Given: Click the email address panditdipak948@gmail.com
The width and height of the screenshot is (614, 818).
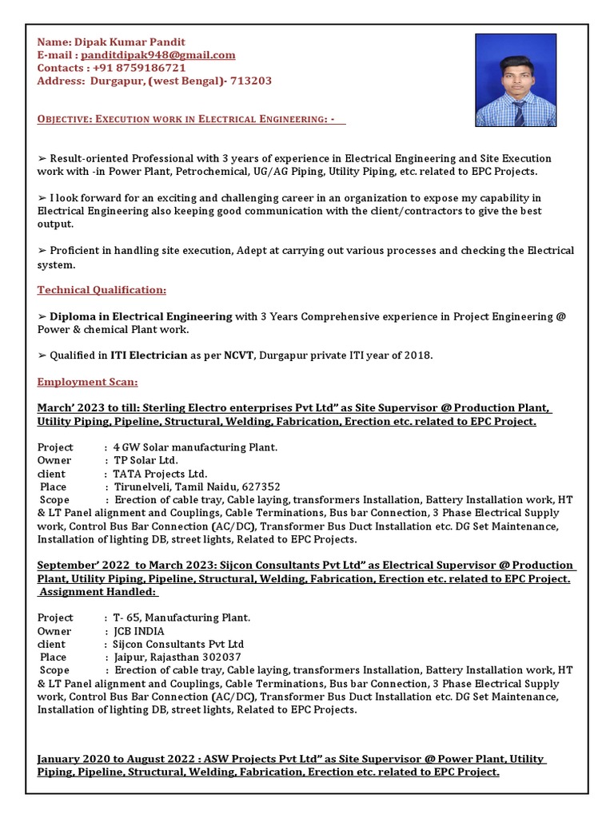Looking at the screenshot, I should [157, 54].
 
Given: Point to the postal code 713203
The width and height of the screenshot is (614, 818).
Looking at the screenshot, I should [252, 81].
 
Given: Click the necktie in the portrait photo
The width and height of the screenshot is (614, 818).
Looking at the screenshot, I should [518, 113].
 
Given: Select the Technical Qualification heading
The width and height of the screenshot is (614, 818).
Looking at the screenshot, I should [102, 290].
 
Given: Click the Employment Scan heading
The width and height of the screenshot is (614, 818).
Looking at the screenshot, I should [87, 382].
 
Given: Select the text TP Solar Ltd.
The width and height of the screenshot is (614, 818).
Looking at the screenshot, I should [146, 460].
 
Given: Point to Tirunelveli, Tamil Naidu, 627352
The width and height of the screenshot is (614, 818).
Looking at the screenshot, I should [197, 486].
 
